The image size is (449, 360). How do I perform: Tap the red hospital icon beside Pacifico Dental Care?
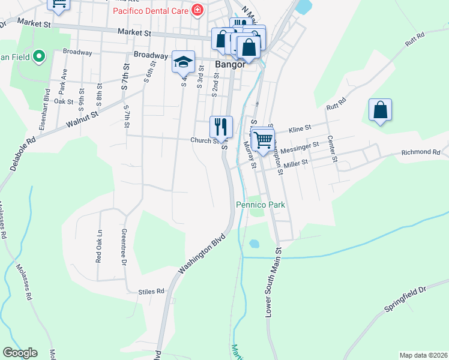point(196,10)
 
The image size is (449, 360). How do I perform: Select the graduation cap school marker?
point(184,61)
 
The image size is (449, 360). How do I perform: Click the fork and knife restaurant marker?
point(221,126)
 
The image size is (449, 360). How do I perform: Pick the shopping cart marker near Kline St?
point(263,139)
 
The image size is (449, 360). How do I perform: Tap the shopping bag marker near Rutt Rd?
point(380,110)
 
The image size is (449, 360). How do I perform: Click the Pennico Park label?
point(260,205)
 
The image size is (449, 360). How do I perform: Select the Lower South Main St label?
point(273,282)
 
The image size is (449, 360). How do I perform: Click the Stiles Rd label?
point(151,291)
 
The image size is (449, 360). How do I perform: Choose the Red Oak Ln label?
point(99,245)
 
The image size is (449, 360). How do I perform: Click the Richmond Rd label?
point(420,152)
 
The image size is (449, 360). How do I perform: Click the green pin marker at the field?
point(40,57)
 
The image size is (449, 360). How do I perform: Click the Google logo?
point(20,353)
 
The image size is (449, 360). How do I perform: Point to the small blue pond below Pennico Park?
point(254,244)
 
